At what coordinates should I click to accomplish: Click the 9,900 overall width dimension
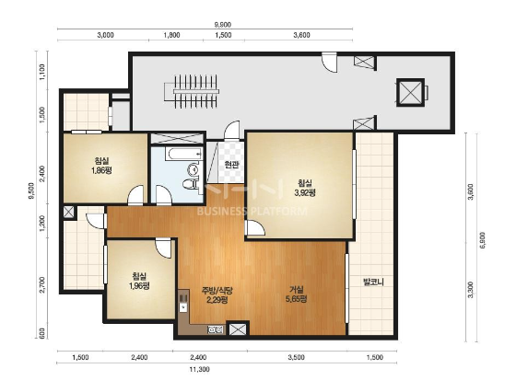click(x=223, y=24)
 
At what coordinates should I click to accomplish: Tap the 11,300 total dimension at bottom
click(x=199, y=369)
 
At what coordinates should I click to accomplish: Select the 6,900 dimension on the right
click(x=482, y=239)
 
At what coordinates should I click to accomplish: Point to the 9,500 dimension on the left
click(x=31, y=191)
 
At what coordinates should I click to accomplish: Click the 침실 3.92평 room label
click(x=305, y=188)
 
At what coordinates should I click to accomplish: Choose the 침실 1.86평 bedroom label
click(x=101, y=166)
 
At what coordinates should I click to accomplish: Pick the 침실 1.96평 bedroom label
click(x=139, y=281)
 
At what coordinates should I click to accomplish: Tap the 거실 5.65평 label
click(x=297, y=294)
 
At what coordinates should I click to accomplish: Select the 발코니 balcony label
click(x=373, y=282)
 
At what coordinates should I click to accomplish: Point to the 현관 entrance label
click(x=231, y=165)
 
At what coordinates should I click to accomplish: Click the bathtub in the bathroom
click(x=184, y=154)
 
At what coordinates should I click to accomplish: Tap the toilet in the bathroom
click(x=191, y=183)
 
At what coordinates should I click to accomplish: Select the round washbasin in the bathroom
click(x=194, y=169)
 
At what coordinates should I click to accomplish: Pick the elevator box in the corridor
click(x=410, y=92)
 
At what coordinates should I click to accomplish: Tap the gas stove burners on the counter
click(x=216, y=329)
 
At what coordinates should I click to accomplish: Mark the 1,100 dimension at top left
click(x=42, y=73)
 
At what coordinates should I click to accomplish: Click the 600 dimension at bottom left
click(x=42, y=333)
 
